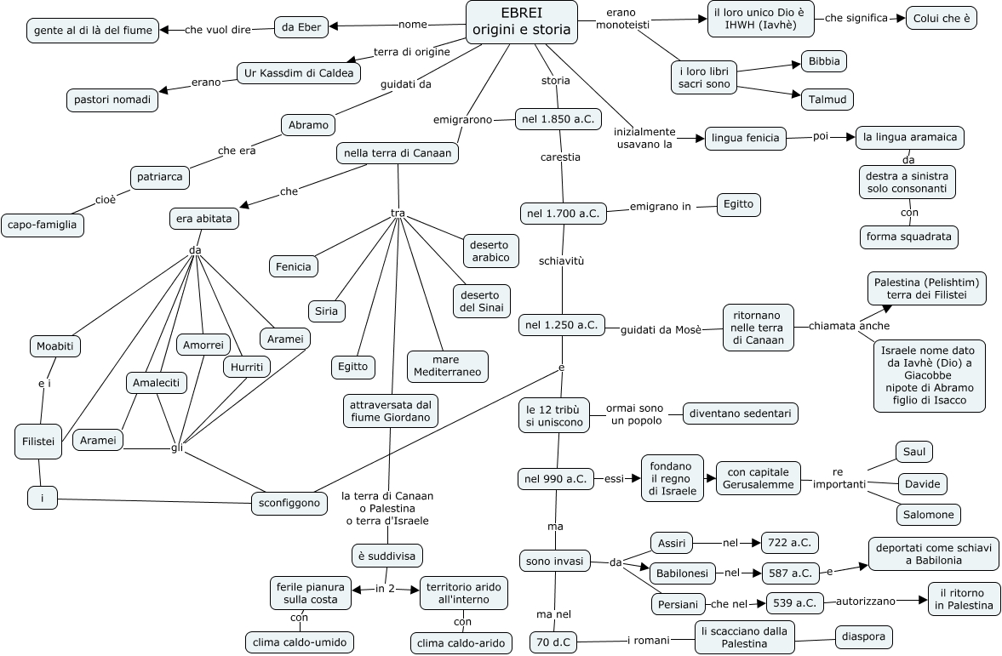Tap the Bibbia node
824,61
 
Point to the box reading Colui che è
940,17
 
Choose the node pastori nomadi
112,100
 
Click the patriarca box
160,178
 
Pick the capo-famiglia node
43,225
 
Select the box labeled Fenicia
294,266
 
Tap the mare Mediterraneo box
447,366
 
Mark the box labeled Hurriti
247,367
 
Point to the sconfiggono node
289,503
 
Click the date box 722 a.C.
790,541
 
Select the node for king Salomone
928,515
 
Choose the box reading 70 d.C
552,642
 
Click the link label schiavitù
561,261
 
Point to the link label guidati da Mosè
661,329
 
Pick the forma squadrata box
908,237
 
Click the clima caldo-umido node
299,642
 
